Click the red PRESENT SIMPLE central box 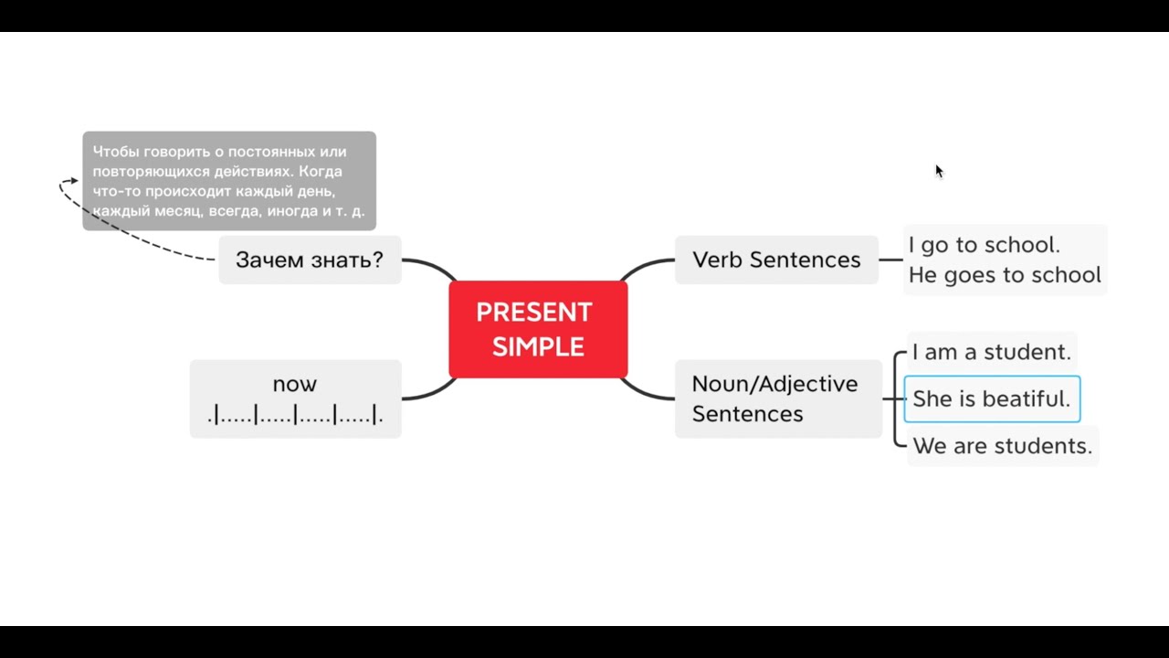[538, 329]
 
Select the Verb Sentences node [776, 260]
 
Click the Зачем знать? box [310, 260]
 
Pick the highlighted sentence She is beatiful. [992, 399]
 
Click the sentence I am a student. [991, 352]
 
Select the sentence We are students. [1002, 446]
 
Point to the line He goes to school [1005, 275]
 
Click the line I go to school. [984, 245]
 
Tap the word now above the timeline [295, 384]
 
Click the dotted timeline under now [295, 416]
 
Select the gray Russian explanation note [229, 181]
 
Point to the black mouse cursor [938, 170]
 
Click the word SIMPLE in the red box [538, 347]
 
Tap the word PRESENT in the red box [534, 313]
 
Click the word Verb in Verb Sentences [718, 260]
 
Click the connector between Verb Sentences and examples [890, 260]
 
